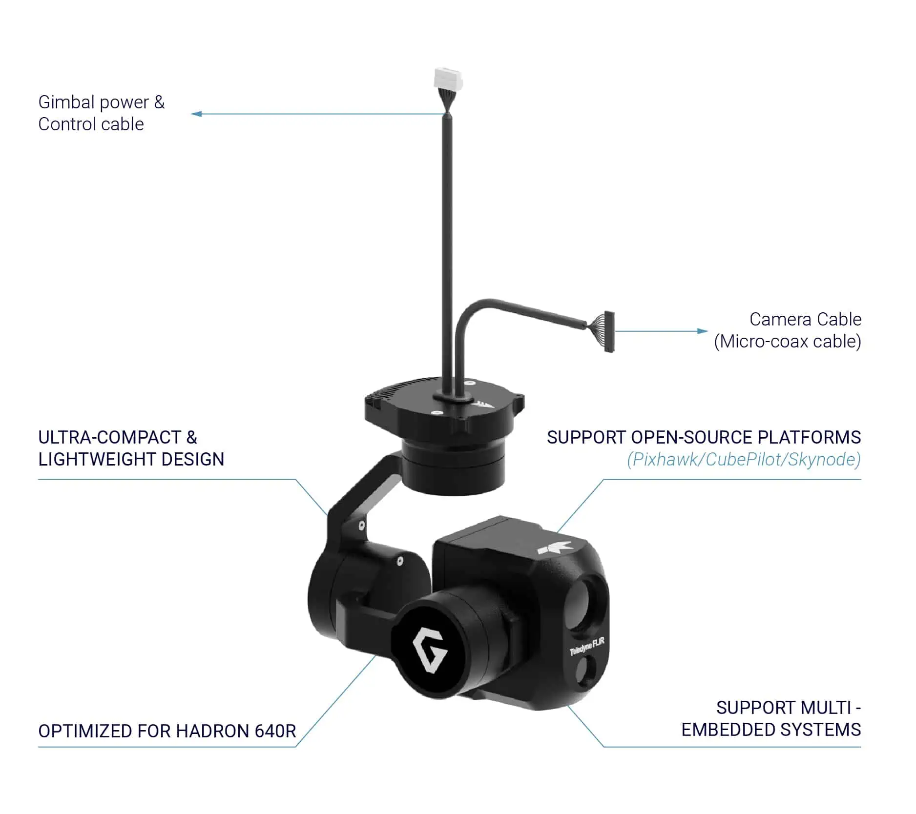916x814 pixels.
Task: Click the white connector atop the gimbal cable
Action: click(448, 80)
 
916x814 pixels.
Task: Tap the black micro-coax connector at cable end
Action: click(609, 332)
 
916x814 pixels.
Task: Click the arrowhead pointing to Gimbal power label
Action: click(196, 114)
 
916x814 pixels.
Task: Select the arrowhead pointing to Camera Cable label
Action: click(702, 331)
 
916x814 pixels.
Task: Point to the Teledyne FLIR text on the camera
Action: click(587, 646)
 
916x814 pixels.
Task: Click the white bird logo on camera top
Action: click(555, 547)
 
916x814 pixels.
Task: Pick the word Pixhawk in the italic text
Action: click(665, 460)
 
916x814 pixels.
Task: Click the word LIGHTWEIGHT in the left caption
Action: click(97, 459)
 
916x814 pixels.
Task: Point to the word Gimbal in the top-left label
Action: click(66, 102)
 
